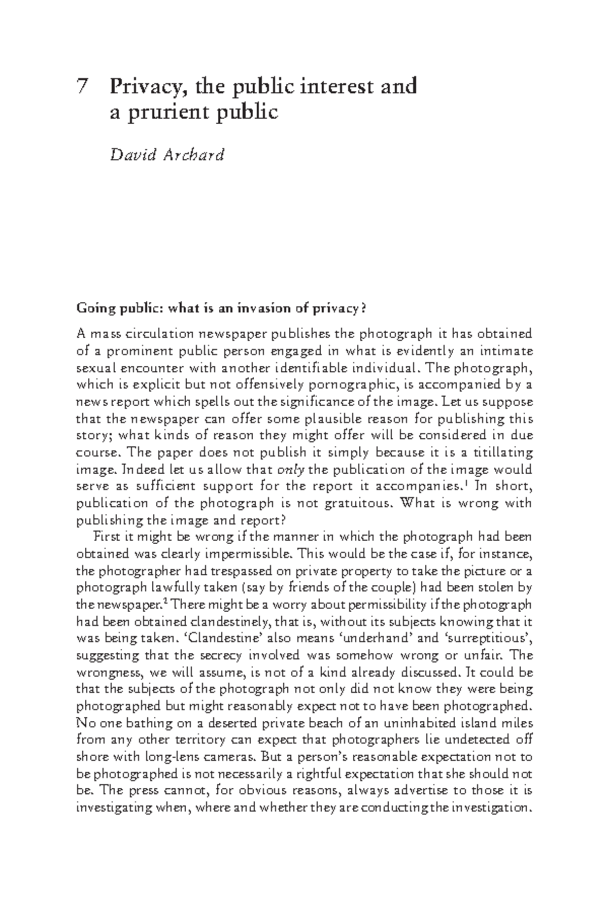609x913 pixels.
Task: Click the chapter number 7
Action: pyautogui.click(x=81, y=86)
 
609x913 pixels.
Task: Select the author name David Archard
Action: pyautogui.click(x=167, y=154)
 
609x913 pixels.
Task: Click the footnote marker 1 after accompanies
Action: pyautogui.click(x=464, y=483)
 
